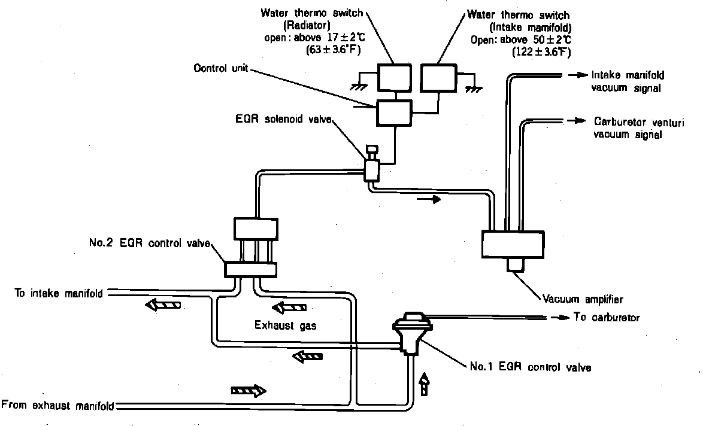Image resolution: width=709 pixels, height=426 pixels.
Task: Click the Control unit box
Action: point(394,113)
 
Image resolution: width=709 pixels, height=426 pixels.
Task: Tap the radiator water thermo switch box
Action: point(394,78)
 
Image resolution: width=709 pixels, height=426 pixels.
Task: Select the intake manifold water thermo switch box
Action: point(438,78)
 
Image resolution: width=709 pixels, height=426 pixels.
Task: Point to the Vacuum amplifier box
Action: point(513,245)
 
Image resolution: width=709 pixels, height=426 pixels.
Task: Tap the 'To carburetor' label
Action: point(607,317)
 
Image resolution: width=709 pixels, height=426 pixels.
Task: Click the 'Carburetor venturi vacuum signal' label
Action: point(638,128)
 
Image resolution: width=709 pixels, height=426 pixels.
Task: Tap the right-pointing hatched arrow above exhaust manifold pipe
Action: point(248,391)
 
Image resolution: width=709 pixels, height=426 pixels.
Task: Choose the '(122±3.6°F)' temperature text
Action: point(541,53)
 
